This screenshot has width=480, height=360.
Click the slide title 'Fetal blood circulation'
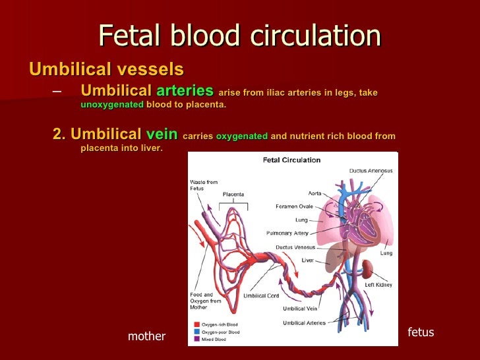click(240, 35)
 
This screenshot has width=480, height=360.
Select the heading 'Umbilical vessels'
click(106, 69)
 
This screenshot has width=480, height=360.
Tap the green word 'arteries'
click(185, 90)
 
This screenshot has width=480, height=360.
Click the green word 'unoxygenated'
click(112, 104)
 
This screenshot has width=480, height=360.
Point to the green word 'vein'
click(162, 134)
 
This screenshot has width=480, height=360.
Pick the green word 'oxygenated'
click(242, 136)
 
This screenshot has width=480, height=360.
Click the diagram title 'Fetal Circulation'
click(291, 160)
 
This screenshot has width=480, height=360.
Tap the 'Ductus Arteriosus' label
click(371, 171)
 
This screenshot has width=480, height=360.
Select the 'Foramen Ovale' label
click(294, 206)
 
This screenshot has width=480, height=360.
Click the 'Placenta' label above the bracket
click(233, 195)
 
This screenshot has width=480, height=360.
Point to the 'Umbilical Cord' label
click(261, 295)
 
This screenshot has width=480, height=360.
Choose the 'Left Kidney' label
click(378, 285)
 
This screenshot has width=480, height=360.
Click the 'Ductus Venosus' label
click(295, 247)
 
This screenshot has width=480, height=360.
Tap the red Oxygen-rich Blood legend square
click(197, 324)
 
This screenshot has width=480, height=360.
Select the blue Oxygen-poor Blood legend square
click(197, 332)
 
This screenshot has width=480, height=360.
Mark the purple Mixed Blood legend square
click(197, 339)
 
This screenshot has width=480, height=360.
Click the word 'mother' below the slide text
click(146, 336)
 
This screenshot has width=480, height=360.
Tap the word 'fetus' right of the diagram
click(421, 332)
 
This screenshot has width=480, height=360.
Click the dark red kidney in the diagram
click(367, 269)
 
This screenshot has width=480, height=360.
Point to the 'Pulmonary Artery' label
click(287, 233)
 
